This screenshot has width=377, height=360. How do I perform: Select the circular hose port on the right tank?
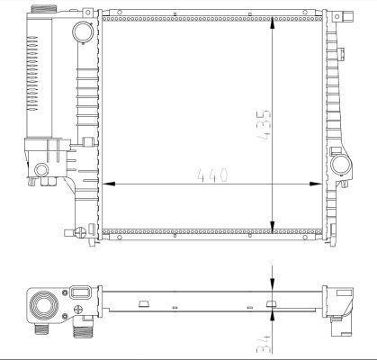(341, 166)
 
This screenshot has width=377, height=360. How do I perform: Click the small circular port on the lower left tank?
(43, 170)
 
